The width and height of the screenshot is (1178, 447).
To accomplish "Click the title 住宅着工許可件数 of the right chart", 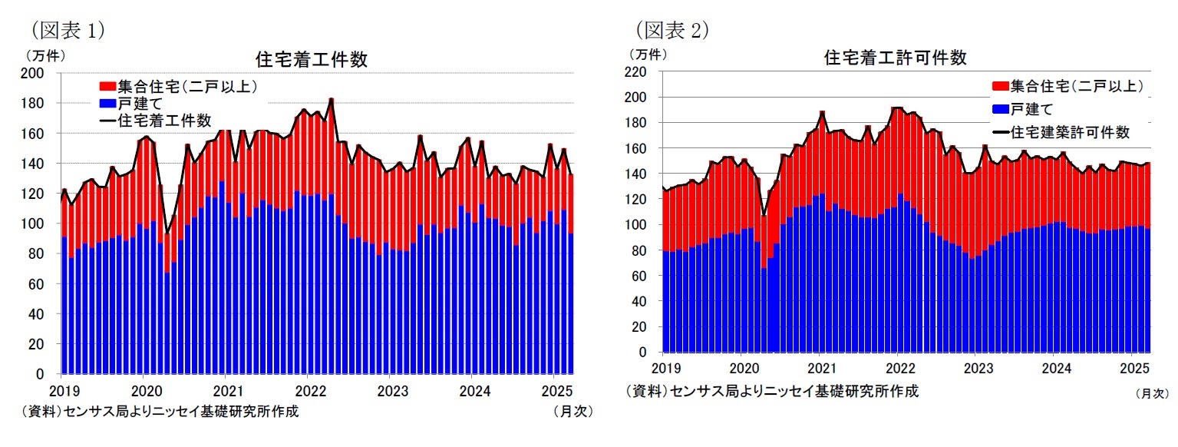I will [x=895, y=58].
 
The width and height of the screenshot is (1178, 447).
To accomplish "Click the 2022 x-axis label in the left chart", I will [x=307, y=388].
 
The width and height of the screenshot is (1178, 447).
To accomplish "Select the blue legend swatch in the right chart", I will [x=1000, y=109].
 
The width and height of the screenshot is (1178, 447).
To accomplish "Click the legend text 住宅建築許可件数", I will [x=1070, y=132].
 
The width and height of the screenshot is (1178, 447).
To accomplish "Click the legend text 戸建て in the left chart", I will [x=140, y=102].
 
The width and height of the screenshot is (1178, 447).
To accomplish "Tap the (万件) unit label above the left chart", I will [x=46, y=55].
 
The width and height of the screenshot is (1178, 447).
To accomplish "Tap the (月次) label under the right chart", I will [x=1151, y=393].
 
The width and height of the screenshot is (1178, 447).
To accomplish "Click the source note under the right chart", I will [x=773, y=391].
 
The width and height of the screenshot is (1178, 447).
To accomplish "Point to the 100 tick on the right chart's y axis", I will [x=642, y=225].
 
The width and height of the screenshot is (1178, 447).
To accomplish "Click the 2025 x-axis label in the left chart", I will [x=553, y=388].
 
